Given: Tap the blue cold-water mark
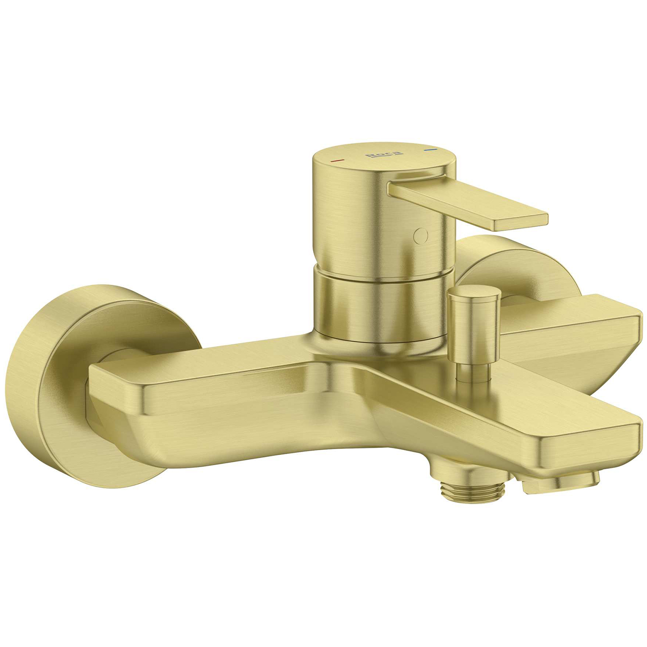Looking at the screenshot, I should pos(430,151).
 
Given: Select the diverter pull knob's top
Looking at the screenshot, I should pos(474,292).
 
